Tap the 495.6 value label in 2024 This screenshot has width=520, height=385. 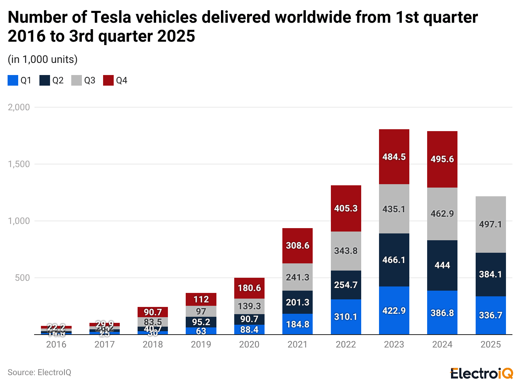(x=442, y=159)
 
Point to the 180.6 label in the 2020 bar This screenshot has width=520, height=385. (x=249, y=288)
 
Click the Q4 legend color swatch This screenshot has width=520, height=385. (x=108, y=80)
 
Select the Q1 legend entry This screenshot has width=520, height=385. (x=20, y=80)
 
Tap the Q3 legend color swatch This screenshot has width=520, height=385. (x=77, y=80)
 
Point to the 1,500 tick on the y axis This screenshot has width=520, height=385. (x=19, y=164)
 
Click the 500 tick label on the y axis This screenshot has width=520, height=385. (x=22, y=278)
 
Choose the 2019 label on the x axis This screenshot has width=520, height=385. (x=201, y=344)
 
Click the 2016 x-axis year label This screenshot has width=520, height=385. (x=56, y=344)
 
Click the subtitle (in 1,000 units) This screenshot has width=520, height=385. (x=42, y=59)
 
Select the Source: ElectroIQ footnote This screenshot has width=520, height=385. (x=39, y=372)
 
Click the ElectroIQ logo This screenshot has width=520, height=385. (x=481, y=373)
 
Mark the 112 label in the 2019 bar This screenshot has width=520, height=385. (x=201, y=299)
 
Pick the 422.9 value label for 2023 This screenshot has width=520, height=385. (x=394, y=311)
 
